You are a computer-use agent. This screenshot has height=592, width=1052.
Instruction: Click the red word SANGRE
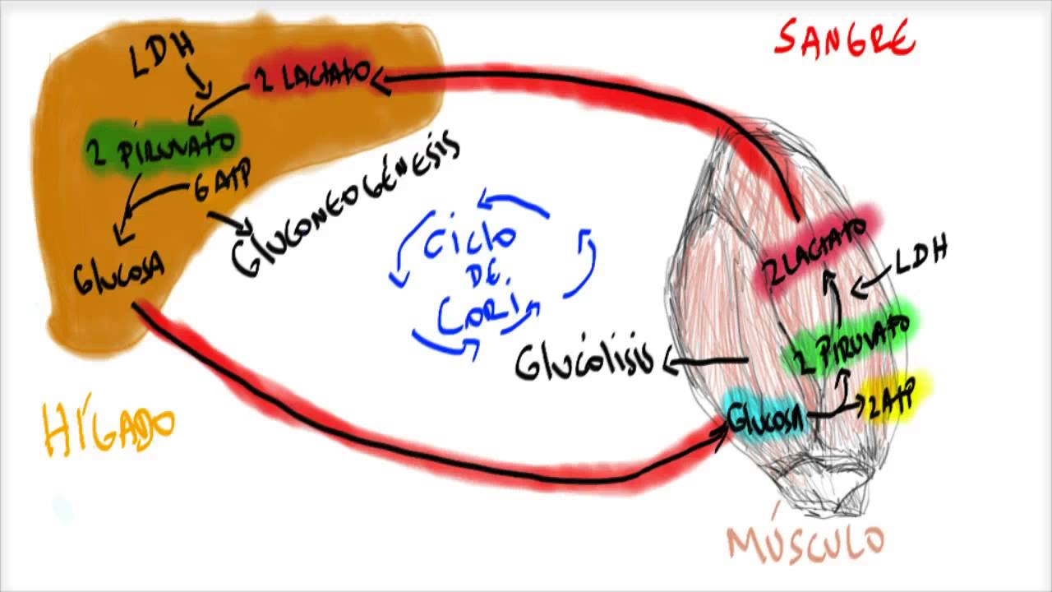844,39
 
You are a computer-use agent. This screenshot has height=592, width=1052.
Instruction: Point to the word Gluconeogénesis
345,205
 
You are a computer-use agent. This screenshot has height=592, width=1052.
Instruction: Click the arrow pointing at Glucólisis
703,363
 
